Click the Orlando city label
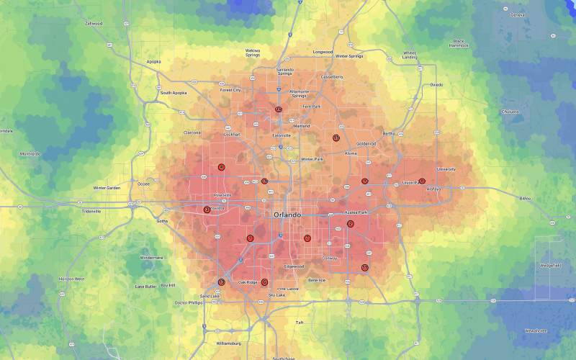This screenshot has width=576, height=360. pyautogui.click(x=288, y=215)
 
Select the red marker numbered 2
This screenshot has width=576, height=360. pyautogui.click(x=351, y=224)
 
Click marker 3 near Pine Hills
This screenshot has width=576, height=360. pyautogui.click(x=207, y=210)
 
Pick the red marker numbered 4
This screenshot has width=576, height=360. pyautogui.click(x=222, y=167)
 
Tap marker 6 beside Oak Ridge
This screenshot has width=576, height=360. pyautogui.click(x=264, y=282)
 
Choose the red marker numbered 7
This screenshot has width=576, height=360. pyautogui.click(x=307, y=238)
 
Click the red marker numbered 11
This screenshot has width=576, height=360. pyautogui.click(x=365, y=268)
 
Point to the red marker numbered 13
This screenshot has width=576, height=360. pyautogui.click(x=222, y=282)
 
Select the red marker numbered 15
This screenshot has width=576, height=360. pyautogui.click(x=336, y=138)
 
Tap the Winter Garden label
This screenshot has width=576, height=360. pyautogui.click(x=107, y=188)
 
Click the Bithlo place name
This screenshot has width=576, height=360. pyautogui.click(x=525, y=198)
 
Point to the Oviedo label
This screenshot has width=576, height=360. pyautogui.click(x=436, y=84)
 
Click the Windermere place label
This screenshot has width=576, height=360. pyautogui.click(x=151, y=257)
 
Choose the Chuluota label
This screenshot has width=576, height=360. pyautogui.click(x=510, y=112)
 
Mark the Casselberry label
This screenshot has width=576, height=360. pyautogui.click(x=332, y=76)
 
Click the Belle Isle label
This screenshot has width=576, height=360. pyautogui.click(x=317, y=280)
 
